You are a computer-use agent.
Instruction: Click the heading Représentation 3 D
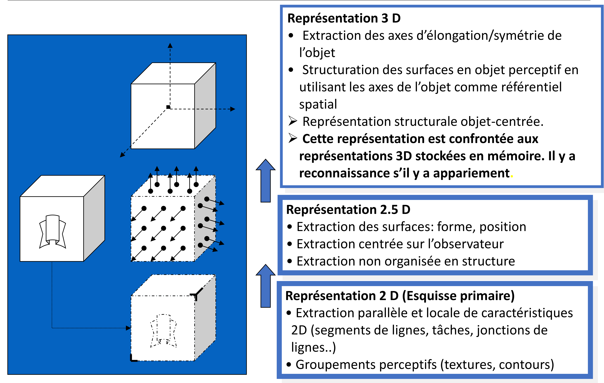click(344, 18)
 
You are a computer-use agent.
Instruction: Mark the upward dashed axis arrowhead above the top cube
click(170, 45)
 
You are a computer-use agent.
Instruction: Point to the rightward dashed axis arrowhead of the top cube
click(233, 109)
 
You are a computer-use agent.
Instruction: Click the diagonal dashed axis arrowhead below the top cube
click(122, 155)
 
